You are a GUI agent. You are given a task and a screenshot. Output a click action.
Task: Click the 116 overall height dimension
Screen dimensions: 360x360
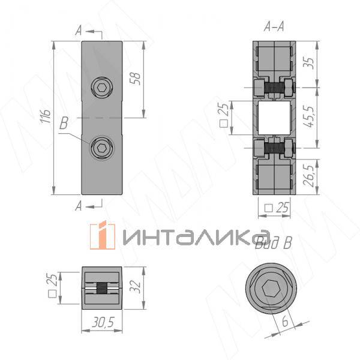(46, 116)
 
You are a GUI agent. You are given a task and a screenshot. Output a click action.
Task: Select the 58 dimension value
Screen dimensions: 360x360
(135, 79)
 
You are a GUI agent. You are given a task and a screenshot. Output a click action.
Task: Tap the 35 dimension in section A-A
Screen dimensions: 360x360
(310, 62)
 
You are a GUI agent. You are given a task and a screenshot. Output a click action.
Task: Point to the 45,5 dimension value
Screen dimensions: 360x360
(310, 116)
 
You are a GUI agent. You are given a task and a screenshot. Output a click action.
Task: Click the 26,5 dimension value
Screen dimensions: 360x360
(310, 175)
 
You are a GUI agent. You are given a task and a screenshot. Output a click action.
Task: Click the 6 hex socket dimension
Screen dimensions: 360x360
(284, 322)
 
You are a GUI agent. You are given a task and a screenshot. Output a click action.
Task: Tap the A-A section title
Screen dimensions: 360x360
(274, 27)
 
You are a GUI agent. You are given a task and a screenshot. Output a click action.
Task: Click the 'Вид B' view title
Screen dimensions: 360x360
(274, 243)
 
